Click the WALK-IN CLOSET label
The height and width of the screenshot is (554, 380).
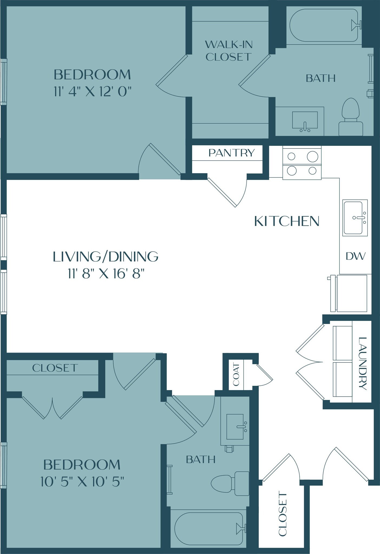(229, 51)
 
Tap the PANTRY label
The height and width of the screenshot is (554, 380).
(231, 153)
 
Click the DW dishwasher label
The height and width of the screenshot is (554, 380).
(356, 256)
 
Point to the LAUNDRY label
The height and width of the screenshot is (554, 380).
(362, 363)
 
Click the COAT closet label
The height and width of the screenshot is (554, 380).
(236, 375)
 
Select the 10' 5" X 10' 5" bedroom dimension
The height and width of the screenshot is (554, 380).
(82, 482)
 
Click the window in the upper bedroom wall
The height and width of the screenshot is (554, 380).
(3, 81)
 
